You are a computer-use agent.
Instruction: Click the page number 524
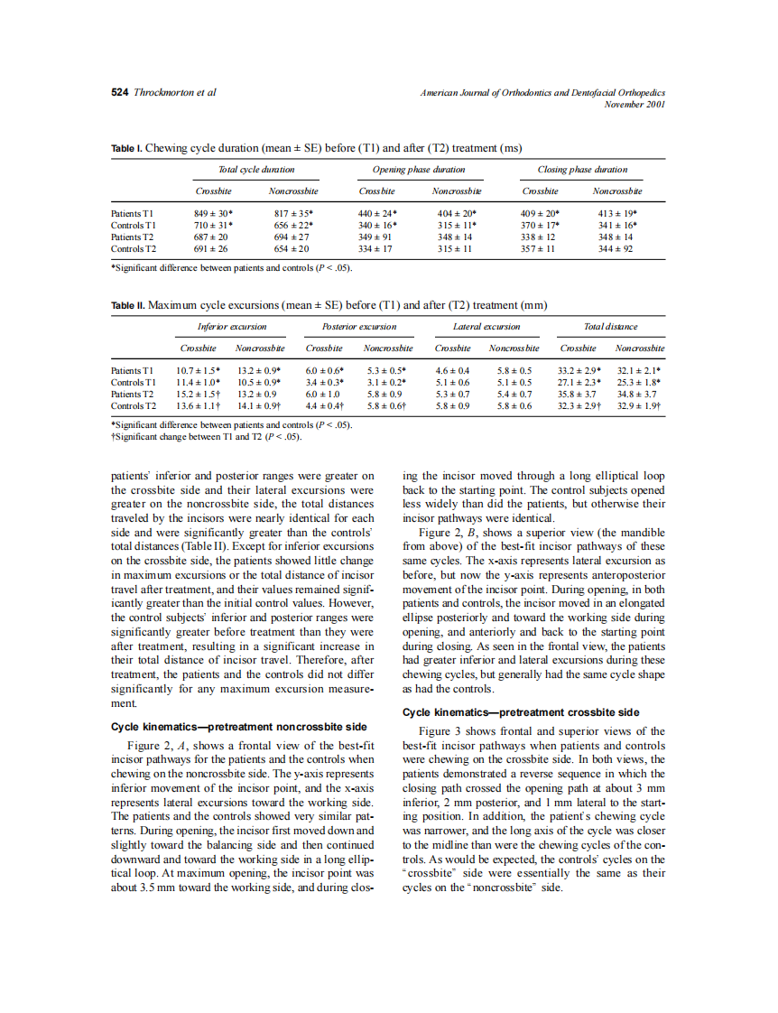[x=120, y=93]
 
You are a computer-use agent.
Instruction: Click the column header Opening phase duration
[x=419, y=169]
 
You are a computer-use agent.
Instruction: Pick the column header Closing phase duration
[x=582, y=169]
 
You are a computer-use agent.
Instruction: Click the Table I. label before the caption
[x=126, y=148]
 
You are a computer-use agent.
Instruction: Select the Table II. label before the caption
[x=127, y=304]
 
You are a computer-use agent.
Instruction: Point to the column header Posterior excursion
[x=359, y=326]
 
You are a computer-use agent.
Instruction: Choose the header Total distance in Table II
[x=611, y=326]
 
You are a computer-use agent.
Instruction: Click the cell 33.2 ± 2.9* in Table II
[x=579, y=370]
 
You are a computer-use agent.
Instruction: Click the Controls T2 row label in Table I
[x=134, y=248]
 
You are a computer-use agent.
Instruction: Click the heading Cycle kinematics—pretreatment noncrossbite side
[x=238, y=726]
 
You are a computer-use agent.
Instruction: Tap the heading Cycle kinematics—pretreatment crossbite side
[x=521, y=712]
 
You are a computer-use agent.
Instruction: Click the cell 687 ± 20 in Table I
[x=211, y=237]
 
